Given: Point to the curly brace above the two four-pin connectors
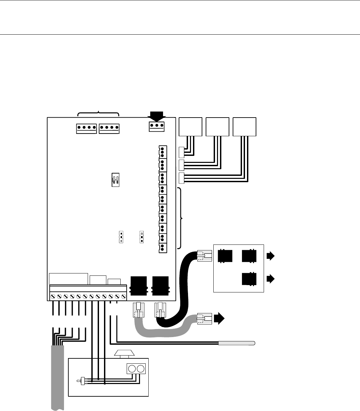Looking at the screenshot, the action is click(x=98, y=113).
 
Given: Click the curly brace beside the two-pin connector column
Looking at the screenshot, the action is click(x=181, y=218).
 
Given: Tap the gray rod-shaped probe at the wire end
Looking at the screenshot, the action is click(x=237, y=343).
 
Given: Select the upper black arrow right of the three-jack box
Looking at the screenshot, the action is click(x=270, y=256).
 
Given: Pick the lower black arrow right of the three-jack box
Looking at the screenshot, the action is click(x=270, y=279).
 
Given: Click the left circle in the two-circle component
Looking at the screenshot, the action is click(x=132, y=368).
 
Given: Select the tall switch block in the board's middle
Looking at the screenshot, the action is click(x=115, y=180).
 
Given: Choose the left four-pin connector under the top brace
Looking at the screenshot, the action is click(x=86, y=129).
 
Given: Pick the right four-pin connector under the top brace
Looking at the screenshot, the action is click(x=109, y=129).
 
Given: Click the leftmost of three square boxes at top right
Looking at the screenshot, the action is click(x=191, y=127).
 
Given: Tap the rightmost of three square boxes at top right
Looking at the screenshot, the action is click(x=244, y=127).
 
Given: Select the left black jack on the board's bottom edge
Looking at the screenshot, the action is click(x=138, y=286).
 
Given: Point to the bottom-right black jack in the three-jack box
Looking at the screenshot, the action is click(x=248, y=279).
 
